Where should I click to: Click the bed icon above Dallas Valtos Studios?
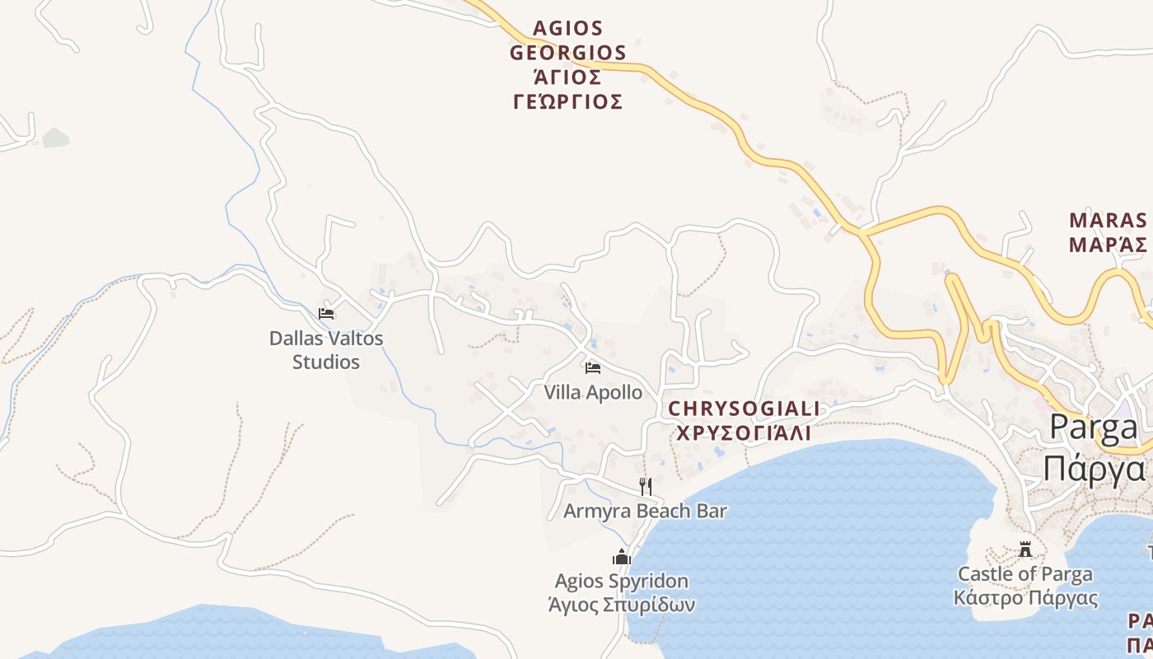pyautogui.click(x=326, y=314)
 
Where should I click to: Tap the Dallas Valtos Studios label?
pyautogui.click(x=326, y=350)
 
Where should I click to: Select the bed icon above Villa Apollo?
pyautogui.click(x=593, y=368)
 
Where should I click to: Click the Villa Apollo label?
pyautogui.click(x=593, y=392)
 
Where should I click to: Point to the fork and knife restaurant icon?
pyautogui.click(x=646, y=487)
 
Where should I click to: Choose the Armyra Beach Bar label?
pyautogui.click(x=645, y=511)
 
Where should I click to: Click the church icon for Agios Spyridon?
pyautogui.click(x=622, y=558)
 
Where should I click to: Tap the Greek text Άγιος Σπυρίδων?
pyautogui.click(x=622, y=605)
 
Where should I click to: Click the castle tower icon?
pyautogui.click(x=1025, y=549)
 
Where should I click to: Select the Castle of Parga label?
pyautogui.click(x=1025, y=573)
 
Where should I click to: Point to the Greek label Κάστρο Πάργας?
pyautogui.click(x=1025, y=597)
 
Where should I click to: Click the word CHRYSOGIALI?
pyautogui.click(x=744, y=409)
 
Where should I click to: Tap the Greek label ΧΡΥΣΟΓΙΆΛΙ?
pyautogui.click(x=744, y=432)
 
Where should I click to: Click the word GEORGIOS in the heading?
pyautogui.click(x=568, y=53)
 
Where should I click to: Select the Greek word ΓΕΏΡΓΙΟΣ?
pyautogui.click(x=567, y=101)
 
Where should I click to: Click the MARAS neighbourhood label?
pyautogui.click(x=1108, y=220)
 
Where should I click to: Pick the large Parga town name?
pyautogui.click(x=1094, y=428)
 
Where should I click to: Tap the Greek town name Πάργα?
pyautogui.click(x=1094, y=468)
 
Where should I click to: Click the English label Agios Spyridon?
pyautogui.click(x=622, y=582)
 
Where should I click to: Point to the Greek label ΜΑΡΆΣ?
pyautogui.click(x=1108, y=245)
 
